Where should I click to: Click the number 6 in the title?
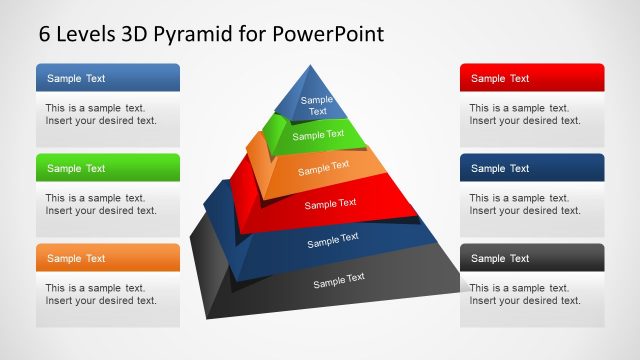[x=45, y=33]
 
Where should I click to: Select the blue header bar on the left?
[x=108, y=78]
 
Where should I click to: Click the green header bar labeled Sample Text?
[x=108, y=168]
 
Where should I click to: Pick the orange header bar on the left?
[x=108, y=258]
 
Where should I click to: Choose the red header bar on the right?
[x=532, y=78]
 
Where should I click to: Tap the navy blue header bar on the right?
[x=532, y=168]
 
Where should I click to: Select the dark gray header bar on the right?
[x=532, y=258]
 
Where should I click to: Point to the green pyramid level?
[x=318, y=135]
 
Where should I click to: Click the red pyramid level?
[x=330, y=204]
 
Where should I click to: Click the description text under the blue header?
[x=101, y=114]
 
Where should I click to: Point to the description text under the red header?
[x=525, y=114]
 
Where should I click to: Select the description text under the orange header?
[x=101, y=294]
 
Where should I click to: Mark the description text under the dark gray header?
[x=525, y=294]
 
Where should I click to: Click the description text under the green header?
[x=101, y=204]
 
